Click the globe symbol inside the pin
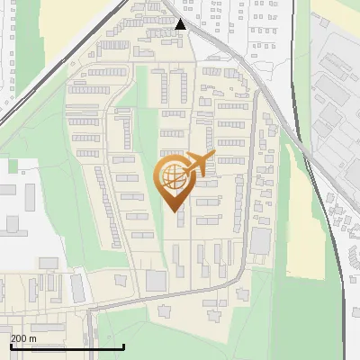[172, 176]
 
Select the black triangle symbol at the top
[181, 24]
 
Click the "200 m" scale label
[23, 337]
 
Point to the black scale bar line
[67, 347]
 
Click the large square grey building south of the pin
[156, 280]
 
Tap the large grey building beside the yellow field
[261, 240]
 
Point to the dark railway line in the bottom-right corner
[343, 297]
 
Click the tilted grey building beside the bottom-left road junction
[78, 288]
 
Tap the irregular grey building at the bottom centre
[166, 311]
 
